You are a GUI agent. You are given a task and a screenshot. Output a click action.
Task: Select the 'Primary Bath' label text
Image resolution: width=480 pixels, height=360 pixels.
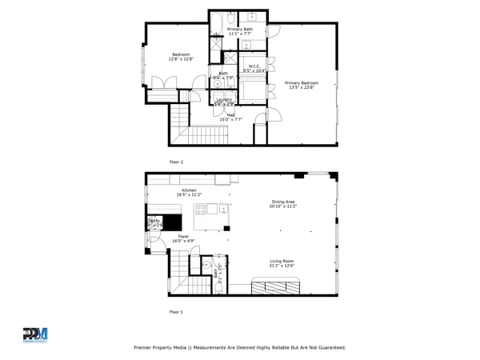241,29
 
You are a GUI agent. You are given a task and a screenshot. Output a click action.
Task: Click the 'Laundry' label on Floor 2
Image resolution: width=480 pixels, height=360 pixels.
224,99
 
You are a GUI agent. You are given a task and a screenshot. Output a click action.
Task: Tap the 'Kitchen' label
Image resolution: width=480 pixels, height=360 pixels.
189,190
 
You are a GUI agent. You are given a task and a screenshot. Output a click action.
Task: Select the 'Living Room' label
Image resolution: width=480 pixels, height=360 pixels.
281,261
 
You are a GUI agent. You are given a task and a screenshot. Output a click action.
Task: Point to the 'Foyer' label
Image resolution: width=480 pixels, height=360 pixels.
183,236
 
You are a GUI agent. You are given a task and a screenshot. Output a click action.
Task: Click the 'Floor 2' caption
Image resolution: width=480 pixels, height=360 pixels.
176,162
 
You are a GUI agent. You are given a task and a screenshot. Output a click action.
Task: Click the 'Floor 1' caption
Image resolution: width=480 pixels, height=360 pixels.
176,311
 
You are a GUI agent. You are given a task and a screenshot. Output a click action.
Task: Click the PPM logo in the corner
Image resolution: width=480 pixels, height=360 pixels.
35,334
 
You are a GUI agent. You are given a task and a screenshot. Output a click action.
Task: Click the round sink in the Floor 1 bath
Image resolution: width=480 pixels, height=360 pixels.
206,265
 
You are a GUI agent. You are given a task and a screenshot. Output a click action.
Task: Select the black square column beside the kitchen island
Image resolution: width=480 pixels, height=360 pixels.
227,229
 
